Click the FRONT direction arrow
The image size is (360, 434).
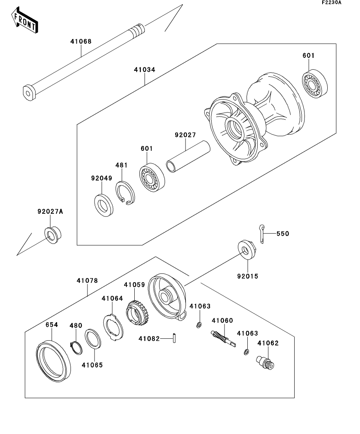(x=25, y=22)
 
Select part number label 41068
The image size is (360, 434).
(x=81, y=41)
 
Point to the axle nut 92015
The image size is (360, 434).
(x=247, y=251)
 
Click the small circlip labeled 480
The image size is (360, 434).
(x=76, y=347)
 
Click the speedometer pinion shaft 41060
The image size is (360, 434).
(x=222, y=338)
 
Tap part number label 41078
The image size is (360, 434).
(x=87, y=281)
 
